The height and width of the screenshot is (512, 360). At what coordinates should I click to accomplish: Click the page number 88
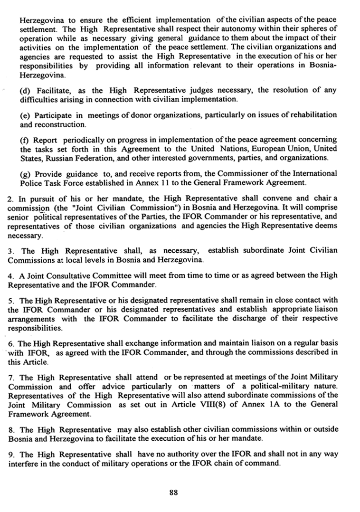(x=173, y=493)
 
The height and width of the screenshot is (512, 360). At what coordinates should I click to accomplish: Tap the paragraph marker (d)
(x=24, y=91)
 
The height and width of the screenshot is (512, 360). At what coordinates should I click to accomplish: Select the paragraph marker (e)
(x=24, y=115)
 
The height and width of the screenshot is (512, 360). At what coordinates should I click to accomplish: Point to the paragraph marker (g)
(x=24, y=173)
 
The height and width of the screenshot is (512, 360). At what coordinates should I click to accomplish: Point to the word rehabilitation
(x=314, y=115)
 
